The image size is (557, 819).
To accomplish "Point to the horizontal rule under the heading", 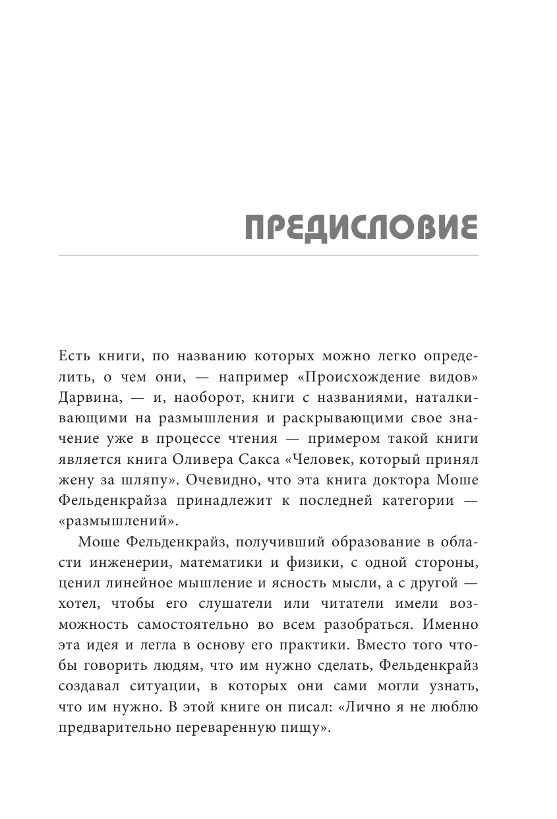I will click(x=268, y=255).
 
